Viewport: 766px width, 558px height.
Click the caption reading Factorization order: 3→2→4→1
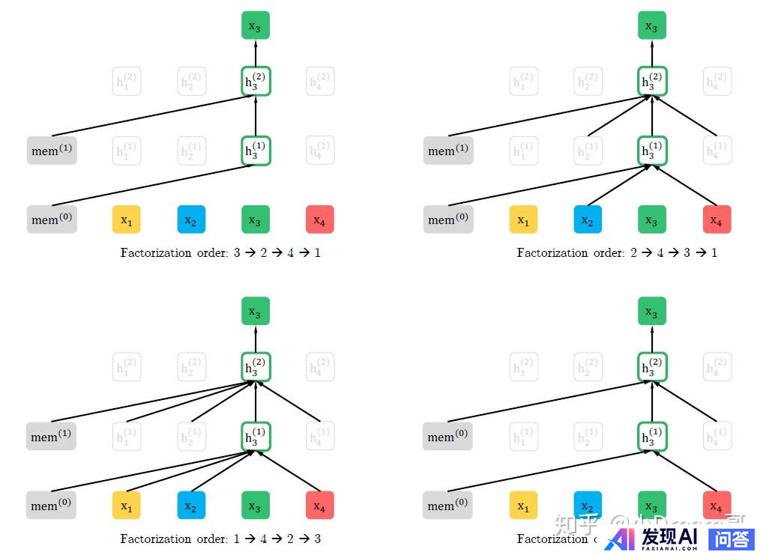pos(220,252)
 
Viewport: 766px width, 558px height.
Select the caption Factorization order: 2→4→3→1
pos(617,252)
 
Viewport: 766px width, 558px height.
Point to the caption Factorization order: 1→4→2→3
pos(220,539)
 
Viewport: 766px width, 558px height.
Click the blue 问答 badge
pos(732,539)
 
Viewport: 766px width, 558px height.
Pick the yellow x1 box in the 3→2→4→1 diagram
pos(127,220)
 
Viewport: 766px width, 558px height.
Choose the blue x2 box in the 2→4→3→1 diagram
pos(588,220)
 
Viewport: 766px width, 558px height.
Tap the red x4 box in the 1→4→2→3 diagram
pos(319,506)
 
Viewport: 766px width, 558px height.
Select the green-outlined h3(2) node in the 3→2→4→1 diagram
pos(256,82)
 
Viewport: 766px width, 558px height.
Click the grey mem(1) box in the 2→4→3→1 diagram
pos(447,151)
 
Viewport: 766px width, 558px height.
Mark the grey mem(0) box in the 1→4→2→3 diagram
pos(51,506)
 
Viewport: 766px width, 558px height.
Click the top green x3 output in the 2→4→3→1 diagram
pos(652,26)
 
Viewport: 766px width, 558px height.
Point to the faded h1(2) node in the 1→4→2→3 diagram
pos(127,368)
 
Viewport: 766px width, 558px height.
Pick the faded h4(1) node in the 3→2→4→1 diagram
pos(320,151)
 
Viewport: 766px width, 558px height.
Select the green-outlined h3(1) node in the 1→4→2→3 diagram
pos(256,437)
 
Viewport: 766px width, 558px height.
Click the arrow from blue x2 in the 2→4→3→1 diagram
pos(619,185)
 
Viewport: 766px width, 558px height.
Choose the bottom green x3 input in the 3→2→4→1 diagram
pos(256,220)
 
